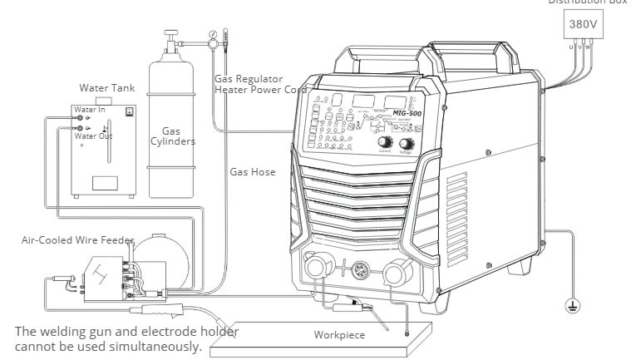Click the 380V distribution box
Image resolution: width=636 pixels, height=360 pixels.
tap(582, 25)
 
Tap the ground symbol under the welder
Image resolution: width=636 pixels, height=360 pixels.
tap(571, 307)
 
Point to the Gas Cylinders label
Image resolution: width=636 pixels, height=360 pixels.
tap(173, 136)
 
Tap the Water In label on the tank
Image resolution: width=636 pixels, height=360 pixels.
tap(90, 110)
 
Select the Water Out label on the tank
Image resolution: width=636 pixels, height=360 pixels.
tap(93, 136)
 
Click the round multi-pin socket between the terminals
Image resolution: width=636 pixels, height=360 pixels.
tap(358, 270)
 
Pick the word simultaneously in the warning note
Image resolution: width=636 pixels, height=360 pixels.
tap(160, 347)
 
